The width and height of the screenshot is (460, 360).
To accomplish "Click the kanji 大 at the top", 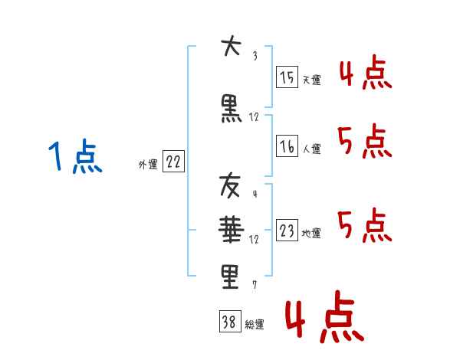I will point(231,48).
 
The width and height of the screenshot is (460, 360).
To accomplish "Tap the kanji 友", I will point(231,185).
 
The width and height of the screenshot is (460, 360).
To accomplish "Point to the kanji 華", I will point(231,228).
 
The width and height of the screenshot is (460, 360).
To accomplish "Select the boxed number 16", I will point(287,146).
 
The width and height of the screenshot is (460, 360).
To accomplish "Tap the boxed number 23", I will point(287,231).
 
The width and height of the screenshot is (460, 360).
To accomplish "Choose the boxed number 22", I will point(173,162).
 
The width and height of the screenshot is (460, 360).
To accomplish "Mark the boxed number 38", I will point(229,322).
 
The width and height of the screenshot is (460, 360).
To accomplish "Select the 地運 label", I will point(311,234).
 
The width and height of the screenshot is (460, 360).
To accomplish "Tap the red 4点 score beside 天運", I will point(364,73).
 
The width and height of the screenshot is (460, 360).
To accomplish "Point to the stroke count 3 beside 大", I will point(254,56).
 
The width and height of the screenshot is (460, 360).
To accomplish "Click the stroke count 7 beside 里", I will point(254,285).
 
